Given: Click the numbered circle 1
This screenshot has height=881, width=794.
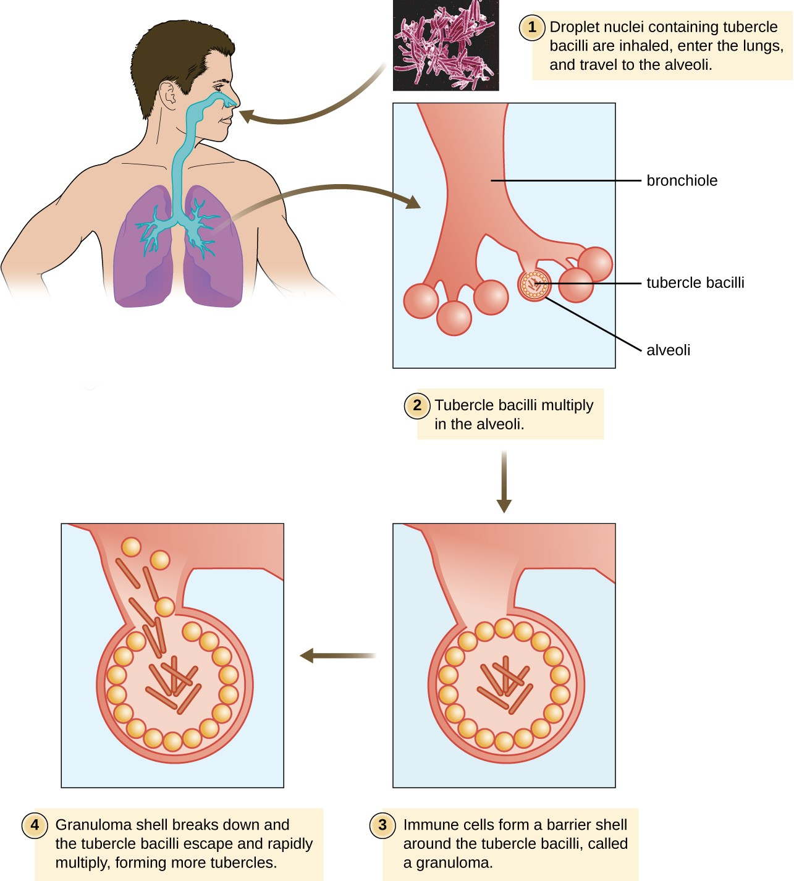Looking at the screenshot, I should click(531, 28).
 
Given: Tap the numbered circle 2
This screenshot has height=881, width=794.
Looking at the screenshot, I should click(417, 405).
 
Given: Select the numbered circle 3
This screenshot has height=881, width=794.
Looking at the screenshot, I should click(382, 825).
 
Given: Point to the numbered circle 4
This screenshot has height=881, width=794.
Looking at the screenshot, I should click(35, 825).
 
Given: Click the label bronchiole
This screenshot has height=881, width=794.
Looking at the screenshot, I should click(682, 181).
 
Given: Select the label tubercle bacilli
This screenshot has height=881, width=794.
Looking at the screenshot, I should click(695, 283).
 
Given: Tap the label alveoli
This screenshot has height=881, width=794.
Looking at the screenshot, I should click(668, 350).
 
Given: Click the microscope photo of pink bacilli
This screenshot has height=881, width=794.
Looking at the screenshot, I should click(446, 45).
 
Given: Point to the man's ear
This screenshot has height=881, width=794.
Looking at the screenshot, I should click(168, 95).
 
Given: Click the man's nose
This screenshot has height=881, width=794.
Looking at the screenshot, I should click(230, 99).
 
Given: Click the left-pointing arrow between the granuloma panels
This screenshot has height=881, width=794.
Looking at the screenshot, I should click(337, 655).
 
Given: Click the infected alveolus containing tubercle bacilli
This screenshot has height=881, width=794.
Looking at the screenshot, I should click(533, 285).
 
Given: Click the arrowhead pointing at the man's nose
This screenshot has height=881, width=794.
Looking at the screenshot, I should click(246, 116).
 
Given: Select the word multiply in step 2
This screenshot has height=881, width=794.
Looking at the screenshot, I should click(567, 405).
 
